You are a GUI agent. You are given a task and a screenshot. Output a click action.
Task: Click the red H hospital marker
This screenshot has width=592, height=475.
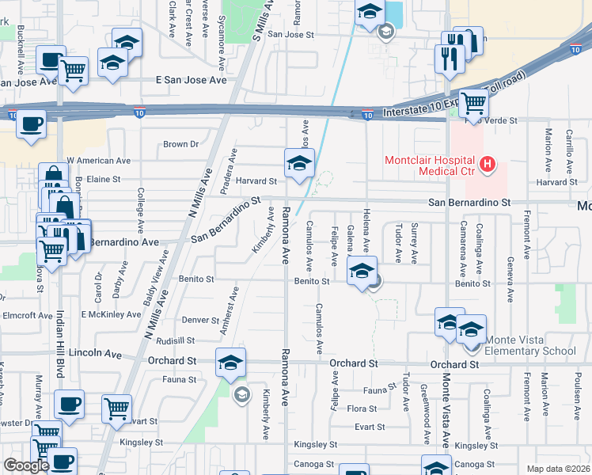488,165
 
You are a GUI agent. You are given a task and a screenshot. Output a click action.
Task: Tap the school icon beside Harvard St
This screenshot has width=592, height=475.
299,163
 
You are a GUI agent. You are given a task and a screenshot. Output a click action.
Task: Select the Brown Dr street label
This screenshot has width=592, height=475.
180,144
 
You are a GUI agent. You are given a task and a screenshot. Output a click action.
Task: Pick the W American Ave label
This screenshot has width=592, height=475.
98,160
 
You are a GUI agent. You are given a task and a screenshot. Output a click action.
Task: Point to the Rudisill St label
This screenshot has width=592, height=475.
176,340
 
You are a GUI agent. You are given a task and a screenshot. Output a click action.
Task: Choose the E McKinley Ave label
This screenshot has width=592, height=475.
112,314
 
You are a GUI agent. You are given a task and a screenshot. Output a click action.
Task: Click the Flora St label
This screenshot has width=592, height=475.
362,408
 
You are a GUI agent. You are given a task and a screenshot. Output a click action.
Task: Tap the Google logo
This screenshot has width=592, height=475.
26,465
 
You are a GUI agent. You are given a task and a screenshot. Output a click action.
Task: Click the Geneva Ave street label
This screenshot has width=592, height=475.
510,270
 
